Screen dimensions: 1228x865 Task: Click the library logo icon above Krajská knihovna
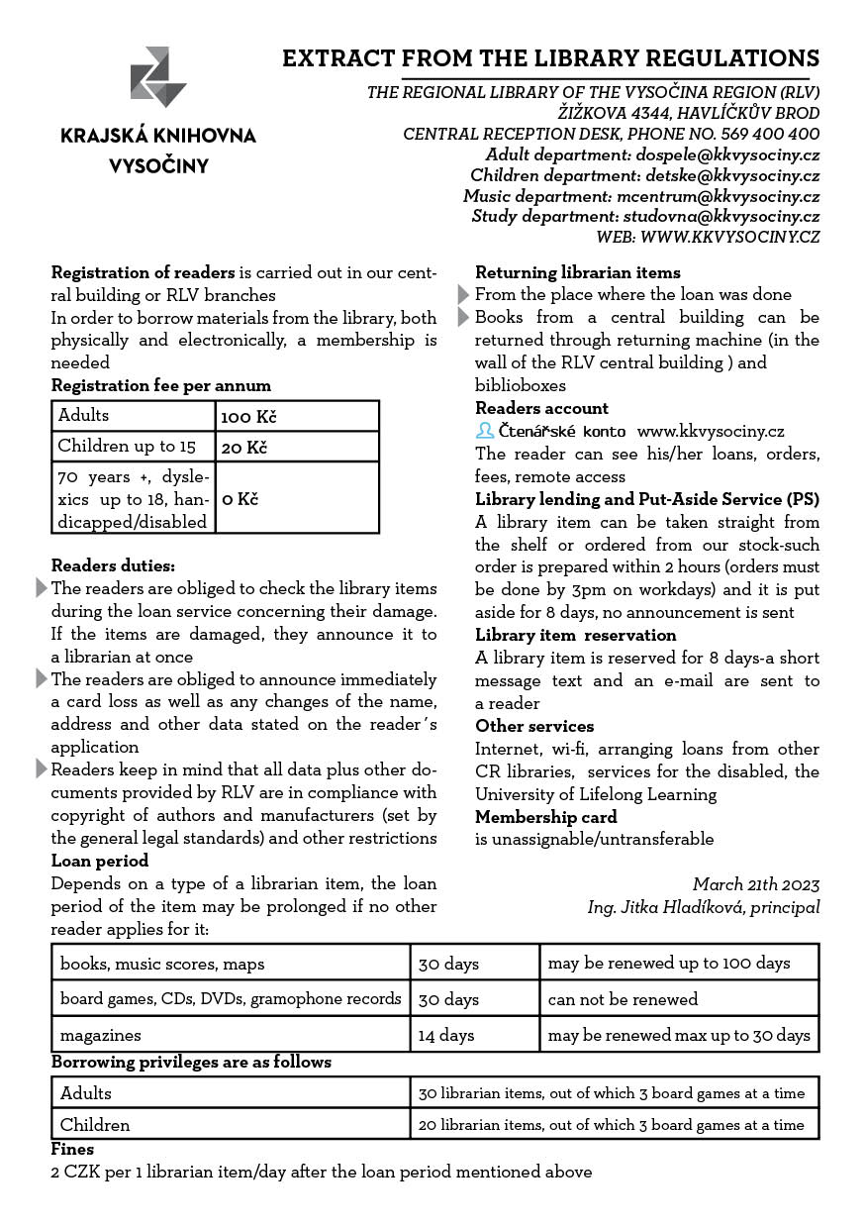point(158,76)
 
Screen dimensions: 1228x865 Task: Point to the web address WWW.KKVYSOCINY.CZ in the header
point(730,237)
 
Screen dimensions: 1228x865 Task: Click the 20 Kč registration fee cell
point(244,448)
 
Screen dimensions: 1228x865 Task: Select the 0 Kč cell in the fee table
point(240,498)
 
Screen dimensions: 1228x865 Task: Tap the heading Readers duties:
point(113,565)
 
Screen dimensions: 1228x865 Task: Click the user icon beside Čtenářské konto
point(485,431)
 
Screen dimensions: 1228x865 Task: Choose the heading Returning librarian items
point(577,272)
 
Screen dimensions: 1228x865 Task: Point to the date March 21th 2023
point(756,884)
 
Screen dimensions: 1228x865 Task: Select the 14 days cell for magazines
point(446,1035)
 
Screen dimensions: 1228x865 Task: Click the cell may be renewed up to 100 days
point(669,963)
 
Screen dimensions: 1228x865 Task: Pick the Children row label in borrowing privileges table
point(95,1125)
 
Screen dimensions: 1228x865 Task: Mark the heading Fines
point(72,1149)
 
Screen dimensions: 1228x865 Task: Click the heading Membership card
point(545,817)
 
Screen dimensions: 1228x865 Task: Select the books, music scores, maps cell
point(162,963)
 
